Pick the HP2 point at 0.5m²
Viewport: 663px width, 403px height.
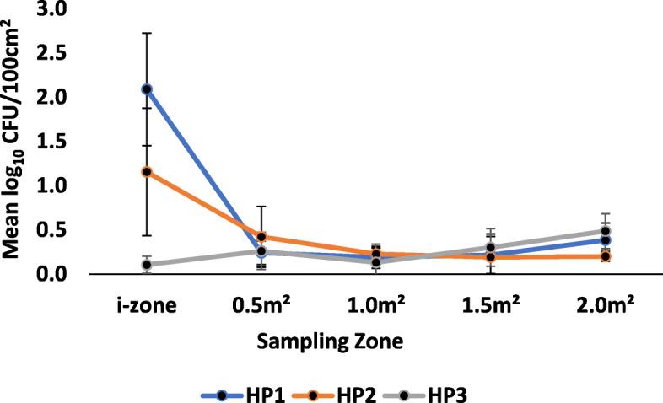[261, 237]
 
